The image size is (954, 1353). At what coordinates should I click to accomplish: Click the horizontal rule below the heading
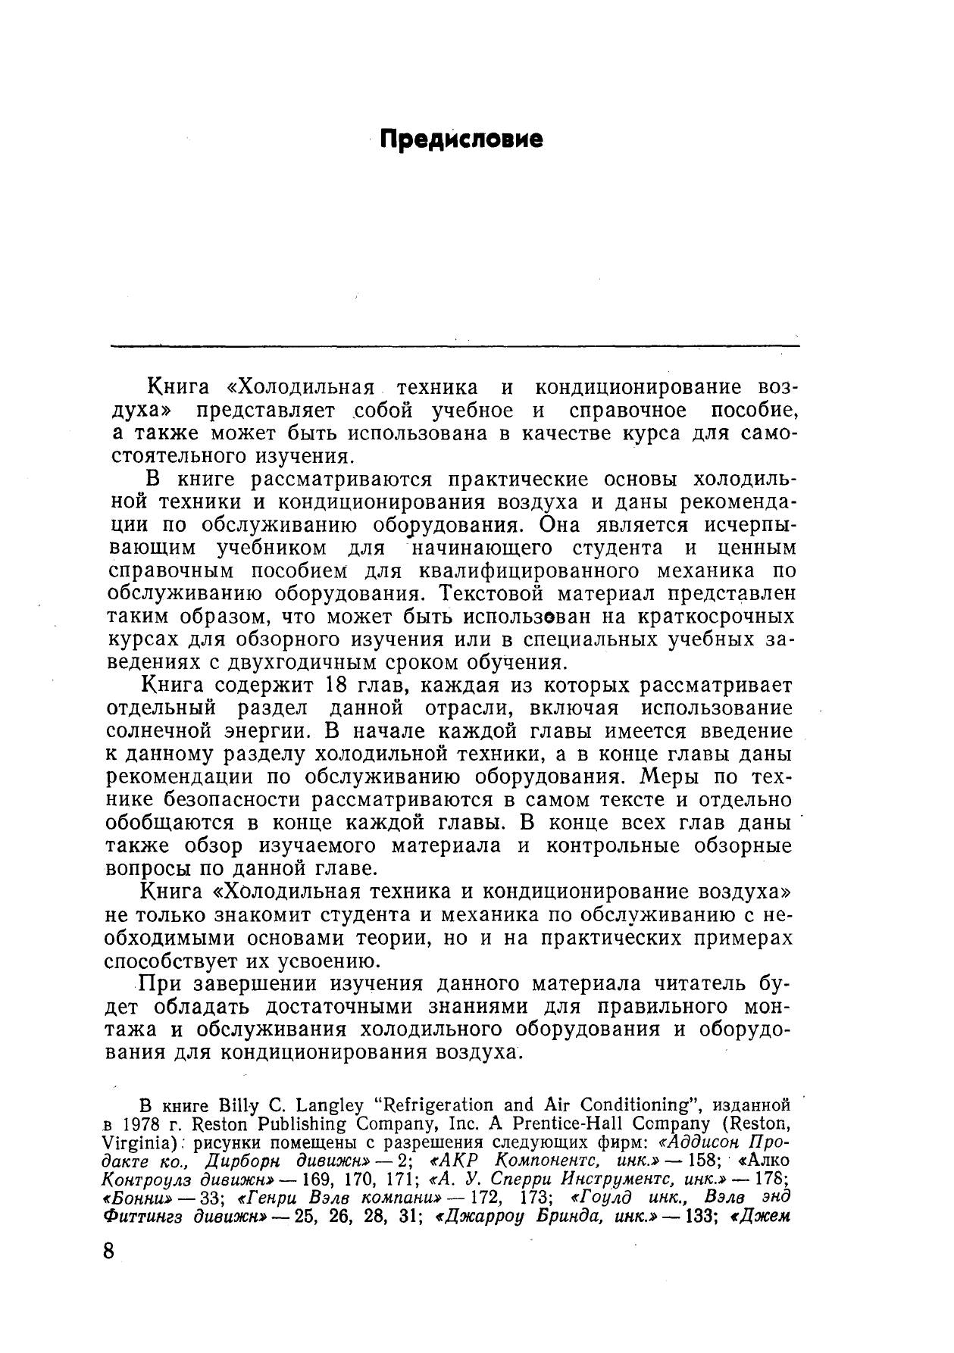pos(455,346)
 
